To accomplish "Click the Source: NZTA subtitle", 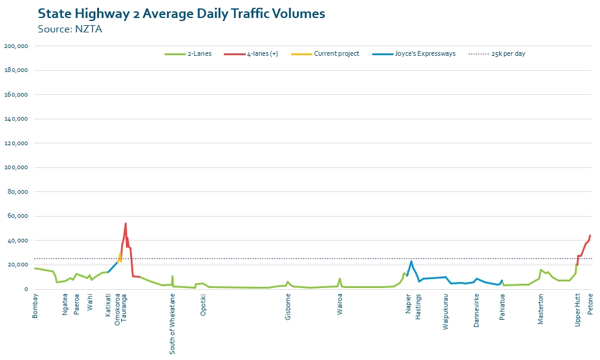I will pyautogui.click(x=70, y=29).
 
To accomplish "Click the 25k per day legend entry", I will pyautogui.click(x=508, y=54).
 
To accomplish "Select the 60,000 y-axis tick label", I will pyautogui.click(x=18, y=216).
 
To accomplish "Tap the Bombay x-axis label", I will pyautogui.click(x=35, y=305).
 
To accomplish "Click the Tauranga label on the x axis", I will pyautogui.click(x=124, y=308).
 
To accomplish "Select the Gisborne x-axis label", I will pyautogui.click(x=289, y=307).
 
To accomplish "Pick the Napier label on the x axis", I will pyautogui.click(x=409, y=304).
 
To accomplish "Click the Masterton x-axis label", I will pyautogui.click(x=541, y=308).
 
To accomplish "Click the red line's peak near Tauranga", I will pyautogui.click(x=125, y=224).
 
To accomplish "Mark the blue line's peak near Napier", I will pyautogui.click(x=412, y=261).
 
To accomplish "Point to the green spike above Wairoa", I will pyautogui.click(x=340, y=278).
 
